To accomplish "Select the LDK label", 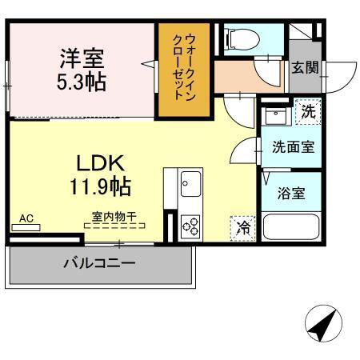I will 100,164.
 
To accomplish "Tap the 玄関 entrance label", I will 305,67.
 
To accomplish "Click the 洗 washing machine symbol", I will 308,112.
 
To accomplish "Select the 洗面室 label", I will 292,147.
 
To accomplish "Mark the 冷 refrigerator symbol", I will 243,227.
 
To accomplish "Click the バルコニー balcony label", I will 99,262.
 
